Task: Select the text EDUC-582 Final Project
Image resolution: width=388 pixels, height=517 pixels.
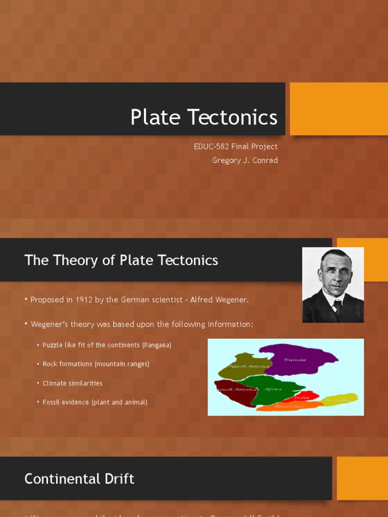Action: (235, 146)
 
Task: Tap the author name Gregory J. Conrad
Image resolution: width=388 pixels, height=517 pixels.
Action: (245, 161)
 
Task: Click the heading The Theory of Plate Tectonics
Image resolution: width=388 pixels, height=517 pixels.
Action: (121, 260)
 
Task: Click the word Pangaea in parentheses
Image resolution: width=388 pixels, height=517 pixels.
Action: (157, 345)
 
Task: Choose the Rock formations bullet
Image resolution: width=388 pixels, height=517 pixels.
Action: (96, 364)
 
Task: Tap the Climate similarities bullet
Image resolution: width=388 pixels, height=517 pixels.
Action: (72, 383)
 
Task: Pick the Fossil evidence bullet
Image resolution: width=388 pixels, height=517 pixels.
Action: (95, 402)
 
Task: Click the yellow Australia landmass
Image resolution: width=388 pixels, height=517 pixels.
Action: (338, 400)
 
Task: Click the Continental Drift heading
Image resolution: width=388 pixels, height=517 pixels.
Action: (79, 479)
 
